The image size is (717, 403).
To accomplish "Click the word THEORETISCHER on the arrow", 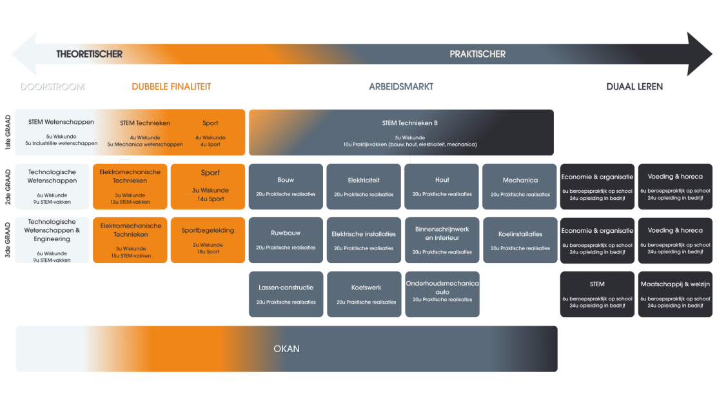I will tap(89, 54).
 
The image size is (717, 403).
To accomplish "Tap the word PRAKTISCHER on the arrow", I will tap(477, 54).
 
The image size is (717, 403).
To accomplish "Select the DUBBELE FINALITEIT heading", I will tap(171, 86).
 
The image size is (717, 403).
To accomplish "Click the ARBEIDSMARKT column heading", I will tap(401, 86).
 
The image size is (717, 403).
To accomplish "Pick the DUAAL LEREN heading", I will tap(634, 86).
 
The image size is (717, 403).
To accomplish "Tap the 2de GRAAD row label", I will tap(8, 186).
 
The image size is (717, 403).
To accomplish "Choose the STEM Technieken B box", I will tap(401, 132).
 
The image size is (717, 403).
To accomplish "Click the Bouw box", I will tap(286, 186).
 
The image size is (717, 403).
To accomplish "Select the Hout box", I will tap(442, 186).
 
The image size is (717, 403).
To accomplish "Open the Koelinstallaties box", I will tap(520, 240).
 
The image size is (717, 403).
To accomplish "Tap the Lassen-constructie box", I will tap(286, 294).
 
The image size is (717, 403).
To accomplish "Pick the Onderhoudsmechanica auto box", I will tap(442, 294).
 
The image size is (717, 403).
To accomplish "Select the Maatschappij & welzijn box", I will tap(675, 294).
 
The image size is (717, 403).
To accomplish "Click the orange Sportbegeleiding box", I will tap(208, 240).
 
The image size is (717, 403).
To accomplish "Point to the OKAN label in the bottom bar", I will tap(286, 349).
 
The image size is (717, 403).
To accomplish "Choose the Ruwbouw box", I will tap(286, 240).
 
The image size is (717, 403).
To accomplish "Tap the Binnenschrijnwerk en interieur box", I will tap(442, 240).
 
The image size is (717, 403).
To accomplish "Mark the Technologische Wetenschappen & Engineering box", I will tap(53, 240).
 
